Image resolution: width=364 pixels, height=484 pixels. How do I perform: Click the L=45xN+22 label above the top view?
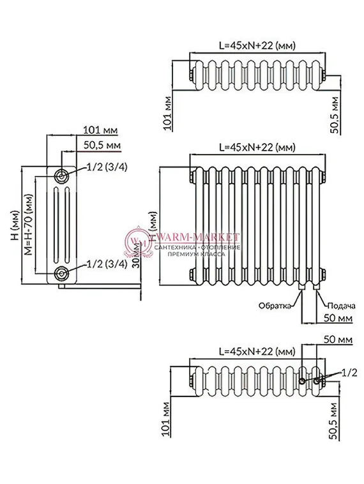(x=257, y=45)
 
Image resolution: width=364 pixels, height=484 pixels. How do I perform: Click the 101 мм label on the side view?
(x=100, y=130)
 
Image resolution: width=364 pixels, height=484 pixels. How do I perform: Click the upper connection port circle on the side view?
(x=61, y=176)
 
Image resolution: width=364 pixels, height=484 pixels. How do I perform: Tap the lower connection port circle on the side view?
(x=61, y=274)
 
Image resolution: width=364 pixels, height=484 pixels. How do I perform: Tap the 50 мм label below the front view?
(x=338, y=317)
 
